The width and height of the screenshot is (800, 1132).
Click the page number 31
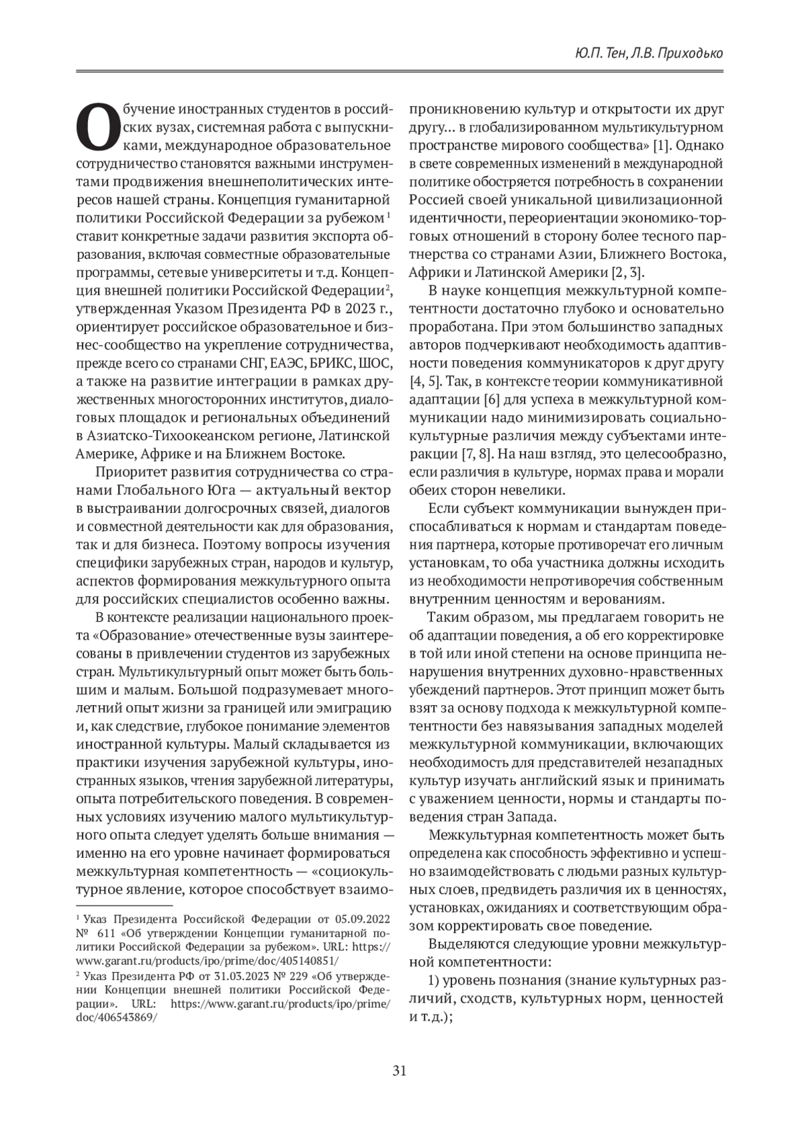pyautogui.click(x=399, y=1071)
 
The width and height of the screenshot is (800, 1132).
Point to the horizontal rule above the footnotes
pyautogui.click(x=125, y=905)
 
